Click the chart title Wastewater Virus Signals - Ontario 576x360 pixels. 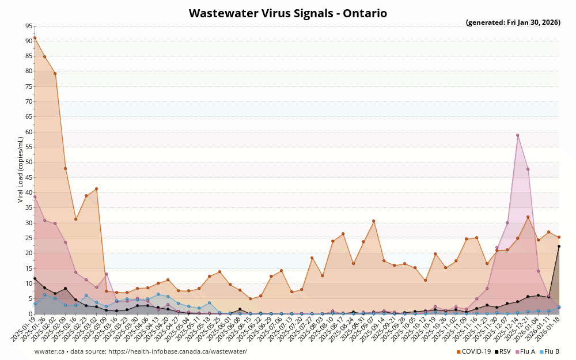coord(288,13)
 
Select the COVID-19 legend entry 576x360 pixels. coord(475,351)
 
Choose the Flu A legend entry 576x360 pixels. coord(526,351)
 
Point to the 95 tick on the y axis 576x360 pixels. coord(29,26)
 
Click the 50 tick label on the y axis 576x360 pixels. coord(29,162)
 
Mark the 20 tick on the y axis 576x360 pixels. coord(29,253)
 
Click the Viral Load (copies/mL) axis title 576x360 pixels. coord(21,170)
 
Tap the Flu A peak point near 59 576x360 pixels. coord(517,135)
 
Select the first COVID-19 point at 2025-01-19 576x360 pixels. coord(35,37)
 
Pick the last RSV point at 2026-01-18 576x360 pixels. coord(559,246)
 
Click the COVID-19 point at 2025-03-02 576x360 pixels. coord(96,189)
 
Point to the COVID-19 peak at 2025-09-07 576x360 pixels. coord(373,221)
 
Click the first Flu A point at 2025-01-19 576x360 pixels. coord(35,196)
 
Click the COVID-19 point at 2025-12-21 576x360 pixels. coord(528,217)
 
